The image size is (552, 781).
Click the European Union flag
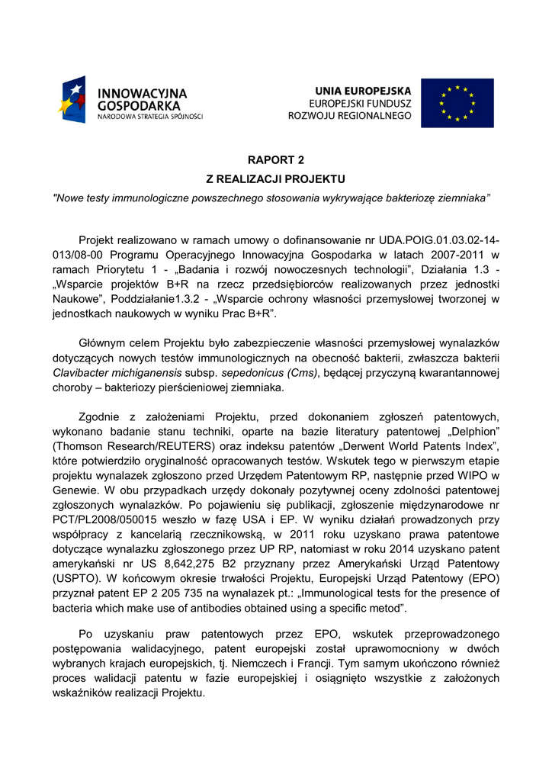(457, 103)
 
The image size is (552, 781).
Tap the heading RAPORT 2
(275, 160)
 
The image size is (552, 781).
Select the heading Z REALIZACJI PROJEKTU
(275, 179)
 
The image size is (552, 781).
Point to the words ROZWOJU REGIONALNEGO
(350, 116)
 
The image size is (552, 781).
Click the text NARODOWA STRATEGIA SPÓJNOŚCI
(149, 117)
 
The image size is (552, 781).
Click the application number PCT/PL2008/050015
(102, 520)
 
